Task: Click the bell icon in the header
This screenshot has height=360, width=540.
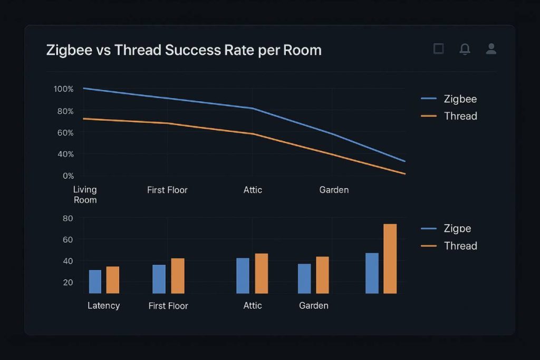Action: click(x=465, y=49)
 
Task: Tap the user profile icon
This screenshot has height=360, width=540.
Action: click(x=491, y=49)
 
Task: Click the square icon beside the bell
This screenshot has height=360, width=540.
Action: click(x=438, y=49)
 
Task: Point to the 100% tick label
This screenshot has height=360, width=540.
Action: click(x=63, y=89)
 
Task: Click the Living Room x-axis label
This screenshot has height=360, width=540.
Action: click(x=85, y=194)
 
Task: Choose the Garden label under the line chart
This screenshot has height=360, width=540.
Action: click(x=334, y=190)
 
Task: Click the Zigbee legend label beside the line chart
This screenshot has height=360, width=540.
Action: click(x=460, y=99)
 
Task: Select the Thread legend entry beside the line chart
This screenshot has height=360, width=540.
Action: click(x=460, y=116)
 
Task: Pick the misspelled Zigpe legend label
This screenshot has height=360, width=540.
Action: click(x=457, y=229)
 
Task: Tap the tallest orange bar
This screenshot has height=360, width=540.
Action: click(x=390, y=258)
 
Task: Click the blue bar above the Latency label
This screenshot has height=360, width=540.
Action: click(x=95, y=281)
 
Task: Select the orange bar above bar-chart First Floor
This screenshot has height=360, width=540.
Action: click(x=178, y=276)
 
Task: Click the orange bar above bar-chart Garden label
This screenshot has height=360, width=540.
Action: click(x=322, y=275)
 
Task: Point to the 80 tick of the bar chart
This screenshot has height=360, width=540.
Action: click(x=68, y=218)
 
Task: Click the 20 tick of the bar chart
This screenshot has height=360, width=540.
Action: click(x=68, y=283)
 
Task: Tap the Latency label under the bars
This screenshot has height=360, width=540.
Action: click(x=103, y=306)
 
